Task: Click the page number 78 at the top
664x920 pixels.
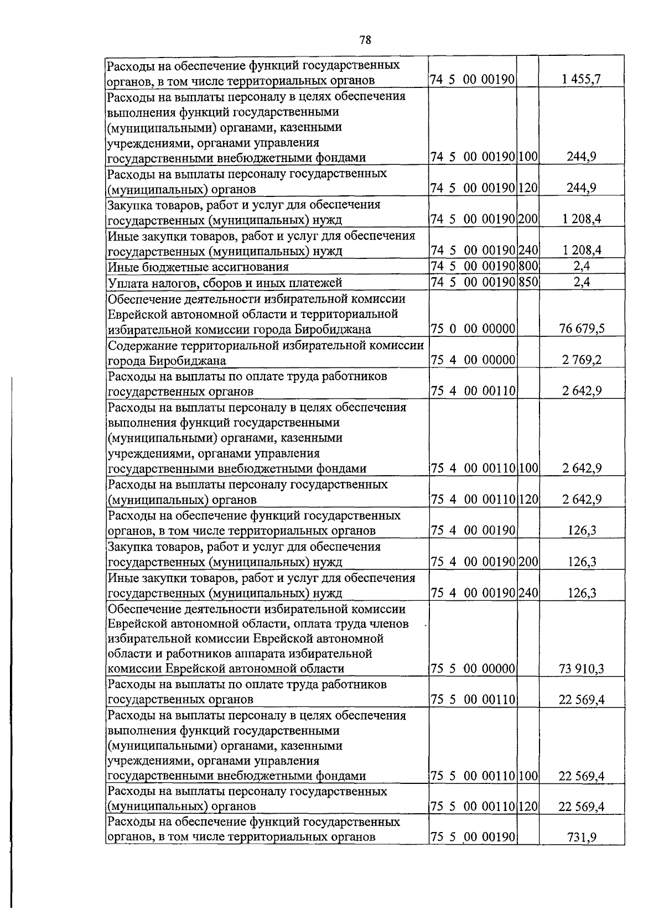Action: click(365, 39)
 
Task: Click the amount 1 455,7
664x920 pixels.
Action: click(582, 81)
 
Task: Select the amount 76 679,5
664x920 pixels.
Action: click(582, 330)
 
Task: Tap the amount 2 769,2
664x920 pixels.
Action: click(582, 361)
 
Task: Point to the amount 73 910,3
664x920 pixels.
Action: click(582, 669)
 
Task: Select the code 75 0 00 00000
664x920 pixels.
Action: click(473, 330)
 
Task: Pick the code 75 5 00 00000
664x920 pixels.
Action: click(473, 669)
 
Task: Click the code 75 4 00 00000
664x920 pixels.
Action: click(473, 361)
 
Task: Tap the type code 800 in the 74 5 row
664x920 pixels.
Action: click(528, 267)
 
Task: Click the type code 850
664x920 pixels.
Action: click(528, 283)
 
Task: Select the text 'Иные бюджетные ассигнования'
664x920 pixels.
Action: click(198, 267)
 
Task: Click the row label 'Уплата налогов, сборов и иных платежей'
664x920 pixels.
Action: click(225, 283)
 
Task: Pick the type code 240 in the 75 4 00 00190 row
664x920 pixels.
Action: click(528, 593)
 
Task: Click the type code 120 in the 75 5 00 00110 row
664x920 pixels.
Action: click(528, 807)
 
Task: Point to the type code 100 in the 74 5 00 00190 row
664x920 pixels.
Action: click(528, 158)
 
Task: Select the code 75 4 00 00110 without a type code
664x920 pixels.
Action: click(473, 392)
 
